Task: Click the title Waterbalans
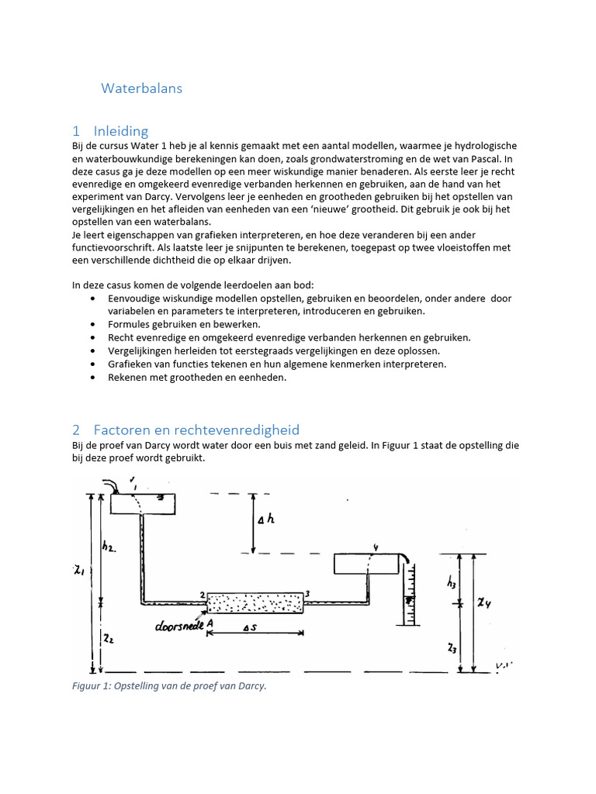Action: [141, 88]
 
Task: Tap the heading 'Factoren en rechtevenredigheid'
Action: [196, 430]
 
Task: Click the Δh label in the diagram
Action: [266, 519]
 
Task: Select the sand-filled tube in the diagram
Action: [254, 602]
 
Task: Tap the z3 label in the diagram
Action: [452, 647]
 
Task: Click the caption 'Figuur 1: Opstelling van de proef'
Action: [169, 685]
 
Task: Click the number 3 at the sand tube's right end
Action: [308, 594]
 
